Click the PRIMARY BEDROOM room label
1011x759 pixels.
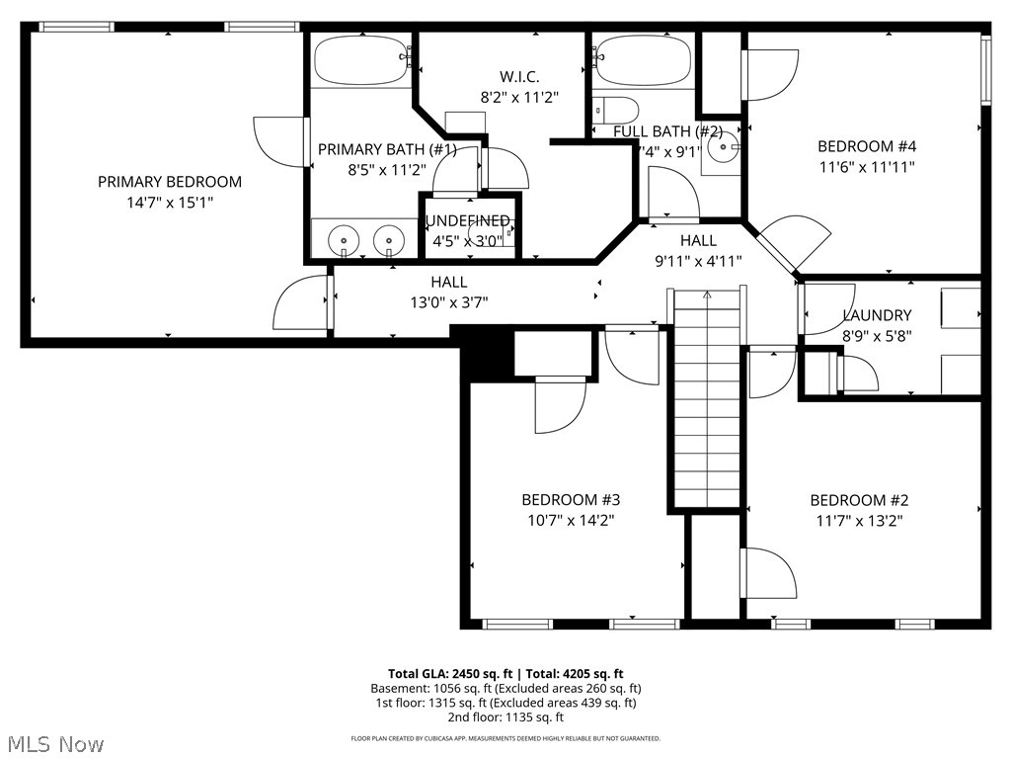point(169,182)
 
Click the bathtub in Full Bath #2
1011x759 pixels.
point(643,60)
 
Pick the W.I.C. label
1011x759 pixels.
point(519,77)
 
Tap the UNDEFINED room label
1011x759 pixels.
point(467,220)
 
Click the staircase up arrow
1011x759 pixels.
point(707,295)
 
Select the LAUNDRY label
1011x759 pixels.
point(877,315)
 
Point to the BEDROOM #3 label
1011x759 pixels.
point(571,500)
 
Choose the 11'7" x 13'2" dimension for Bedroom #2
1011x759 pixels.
point(856,520)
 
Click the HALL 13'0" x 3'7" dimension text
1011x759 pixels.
point(448,302)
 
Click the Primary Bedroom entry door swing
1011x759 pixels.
point(301,303)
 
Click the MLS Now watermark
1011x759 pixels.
point(53,743)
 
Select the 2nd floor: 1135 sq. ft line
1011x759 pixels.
point(505,717)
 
